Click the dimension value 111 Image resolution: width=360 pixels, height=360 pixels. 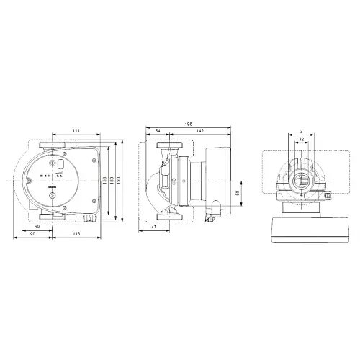pos(75,130)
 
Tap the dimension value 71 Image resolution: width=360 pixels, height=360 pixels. pos(154,227)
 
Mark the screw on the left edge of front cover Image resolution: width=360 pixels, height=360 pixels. pos(30,178)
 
